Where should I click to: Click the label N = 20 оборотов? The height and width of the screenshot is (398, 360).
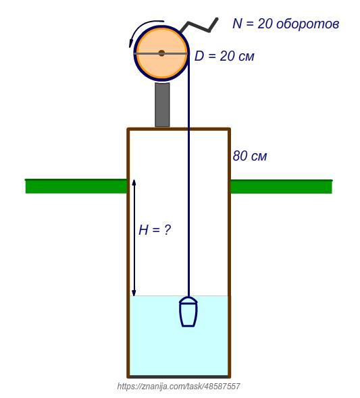tap(286, 24)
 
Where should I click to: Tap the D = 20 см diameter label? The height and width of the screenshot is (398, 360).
tap(224, 56)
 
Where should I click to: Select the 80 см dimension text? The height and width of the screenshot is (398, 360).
tap(250, 156)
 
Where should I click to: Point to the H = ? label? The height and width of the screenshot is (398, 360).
tap(155, 230)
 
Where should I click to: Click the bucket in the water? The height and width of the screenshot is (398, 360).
tap(188, 312)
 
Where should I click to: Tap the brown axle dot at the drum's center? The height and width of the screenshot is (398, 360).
tap(161, 53)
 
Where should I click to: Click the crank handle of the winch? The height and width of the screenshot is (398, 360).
tap(199, 26)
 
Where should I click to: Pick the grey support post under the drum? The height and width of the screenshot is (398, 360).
tap(162, 105)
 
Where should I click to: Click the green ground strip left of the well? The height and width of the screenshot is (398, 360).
tap(76, 186)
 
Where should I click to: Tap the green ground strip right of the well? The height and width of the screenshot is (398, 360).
tap(281, 187)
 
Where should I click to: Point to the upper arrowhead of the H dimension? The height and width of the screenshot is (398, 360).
tap(134, 183)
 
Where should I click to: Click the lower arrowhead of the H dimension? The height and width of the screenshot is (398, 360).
tap(134, 293)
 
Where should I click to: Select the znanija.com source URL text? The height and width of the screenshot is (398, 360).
tap(178, 387)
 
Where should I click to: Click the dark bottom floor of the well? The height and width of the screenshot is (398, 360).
tap(179, 376)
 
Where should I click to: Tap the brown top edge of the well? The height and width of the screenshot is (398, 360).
tap(179, 130)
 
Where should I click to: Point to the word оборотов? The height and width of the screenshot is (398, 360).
tap(308, 24)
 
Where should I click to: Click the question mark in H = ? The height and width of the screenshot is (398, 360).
tap(167, 230)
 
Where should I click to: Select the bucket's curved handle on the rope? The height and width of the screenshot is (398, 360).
tap(188, 300)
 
